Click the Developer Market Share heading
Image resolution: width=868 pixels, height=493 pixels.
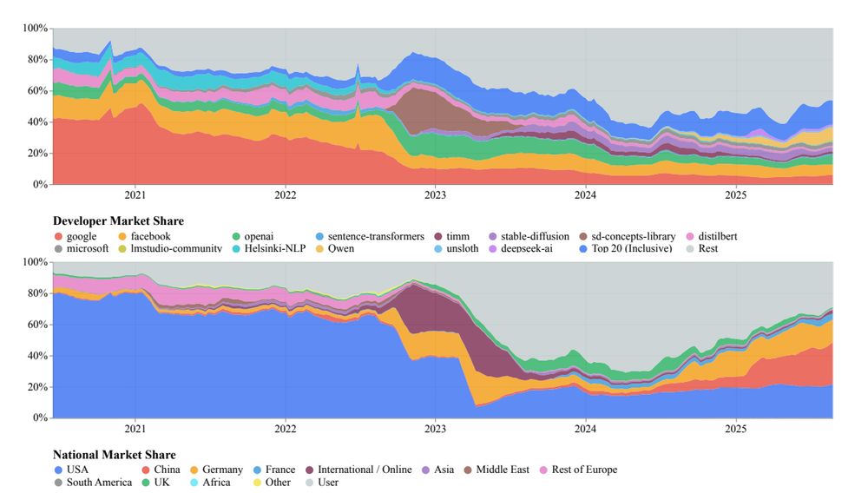pyautogui.click(x=118, y=221)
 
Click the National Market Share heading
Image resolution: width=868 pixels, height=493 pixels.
pyautogui.click(x=114, y=455)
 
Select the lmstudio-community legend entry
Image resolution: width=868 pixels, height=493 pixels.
pyautogui.click(x=175, y=249)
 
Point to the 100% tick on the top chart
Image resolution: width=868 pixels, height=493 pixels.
pyautogui.click(x=35, y=29)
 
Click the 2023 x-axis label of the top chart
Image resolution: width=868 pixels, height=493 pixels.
pyautogui.click(x=436, y=194)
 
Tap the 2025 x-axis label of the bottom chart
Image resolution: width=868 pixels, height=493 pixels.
pyautogui.click(x=736, y=428)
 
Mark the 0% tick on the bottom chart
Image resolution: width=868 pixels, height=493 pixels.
pyautogui.click(x=40, y=418)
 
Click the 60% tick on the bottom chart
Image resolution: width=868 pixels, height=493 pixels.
pyautogui.click(x=37, y=325)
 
